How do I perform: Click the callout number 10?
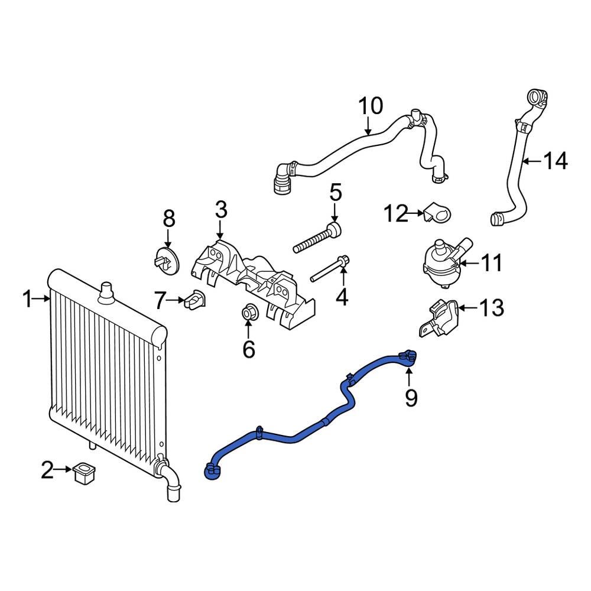click(371, 106)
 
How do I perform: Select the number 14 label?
click(556, 160)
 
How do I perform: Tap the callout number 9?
click(410, 398)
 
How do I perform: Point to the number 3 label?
click(220, 209)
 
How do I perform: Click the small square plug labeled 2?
click(85, 473)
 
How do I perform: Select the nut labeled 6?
click(249, 313)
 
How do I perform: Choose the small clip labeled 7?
click(193, 299)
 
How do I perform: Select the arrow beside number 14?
click(532, 160)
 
